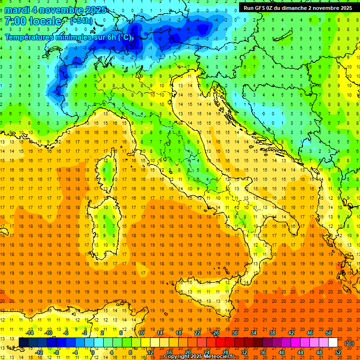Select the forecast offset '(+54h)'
81,21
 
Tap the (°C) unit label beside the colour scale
349,343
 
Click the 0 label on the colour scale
93,352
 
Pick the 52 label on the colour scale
338,352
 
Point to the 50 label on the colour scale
328,333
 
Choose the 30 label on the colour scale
234,333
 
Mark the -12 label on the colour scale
39,352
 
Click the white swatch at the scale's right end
333,343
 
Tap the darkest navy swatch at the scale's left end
23,343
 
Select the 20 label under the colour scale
188,352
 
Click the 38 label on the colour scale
272,333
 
